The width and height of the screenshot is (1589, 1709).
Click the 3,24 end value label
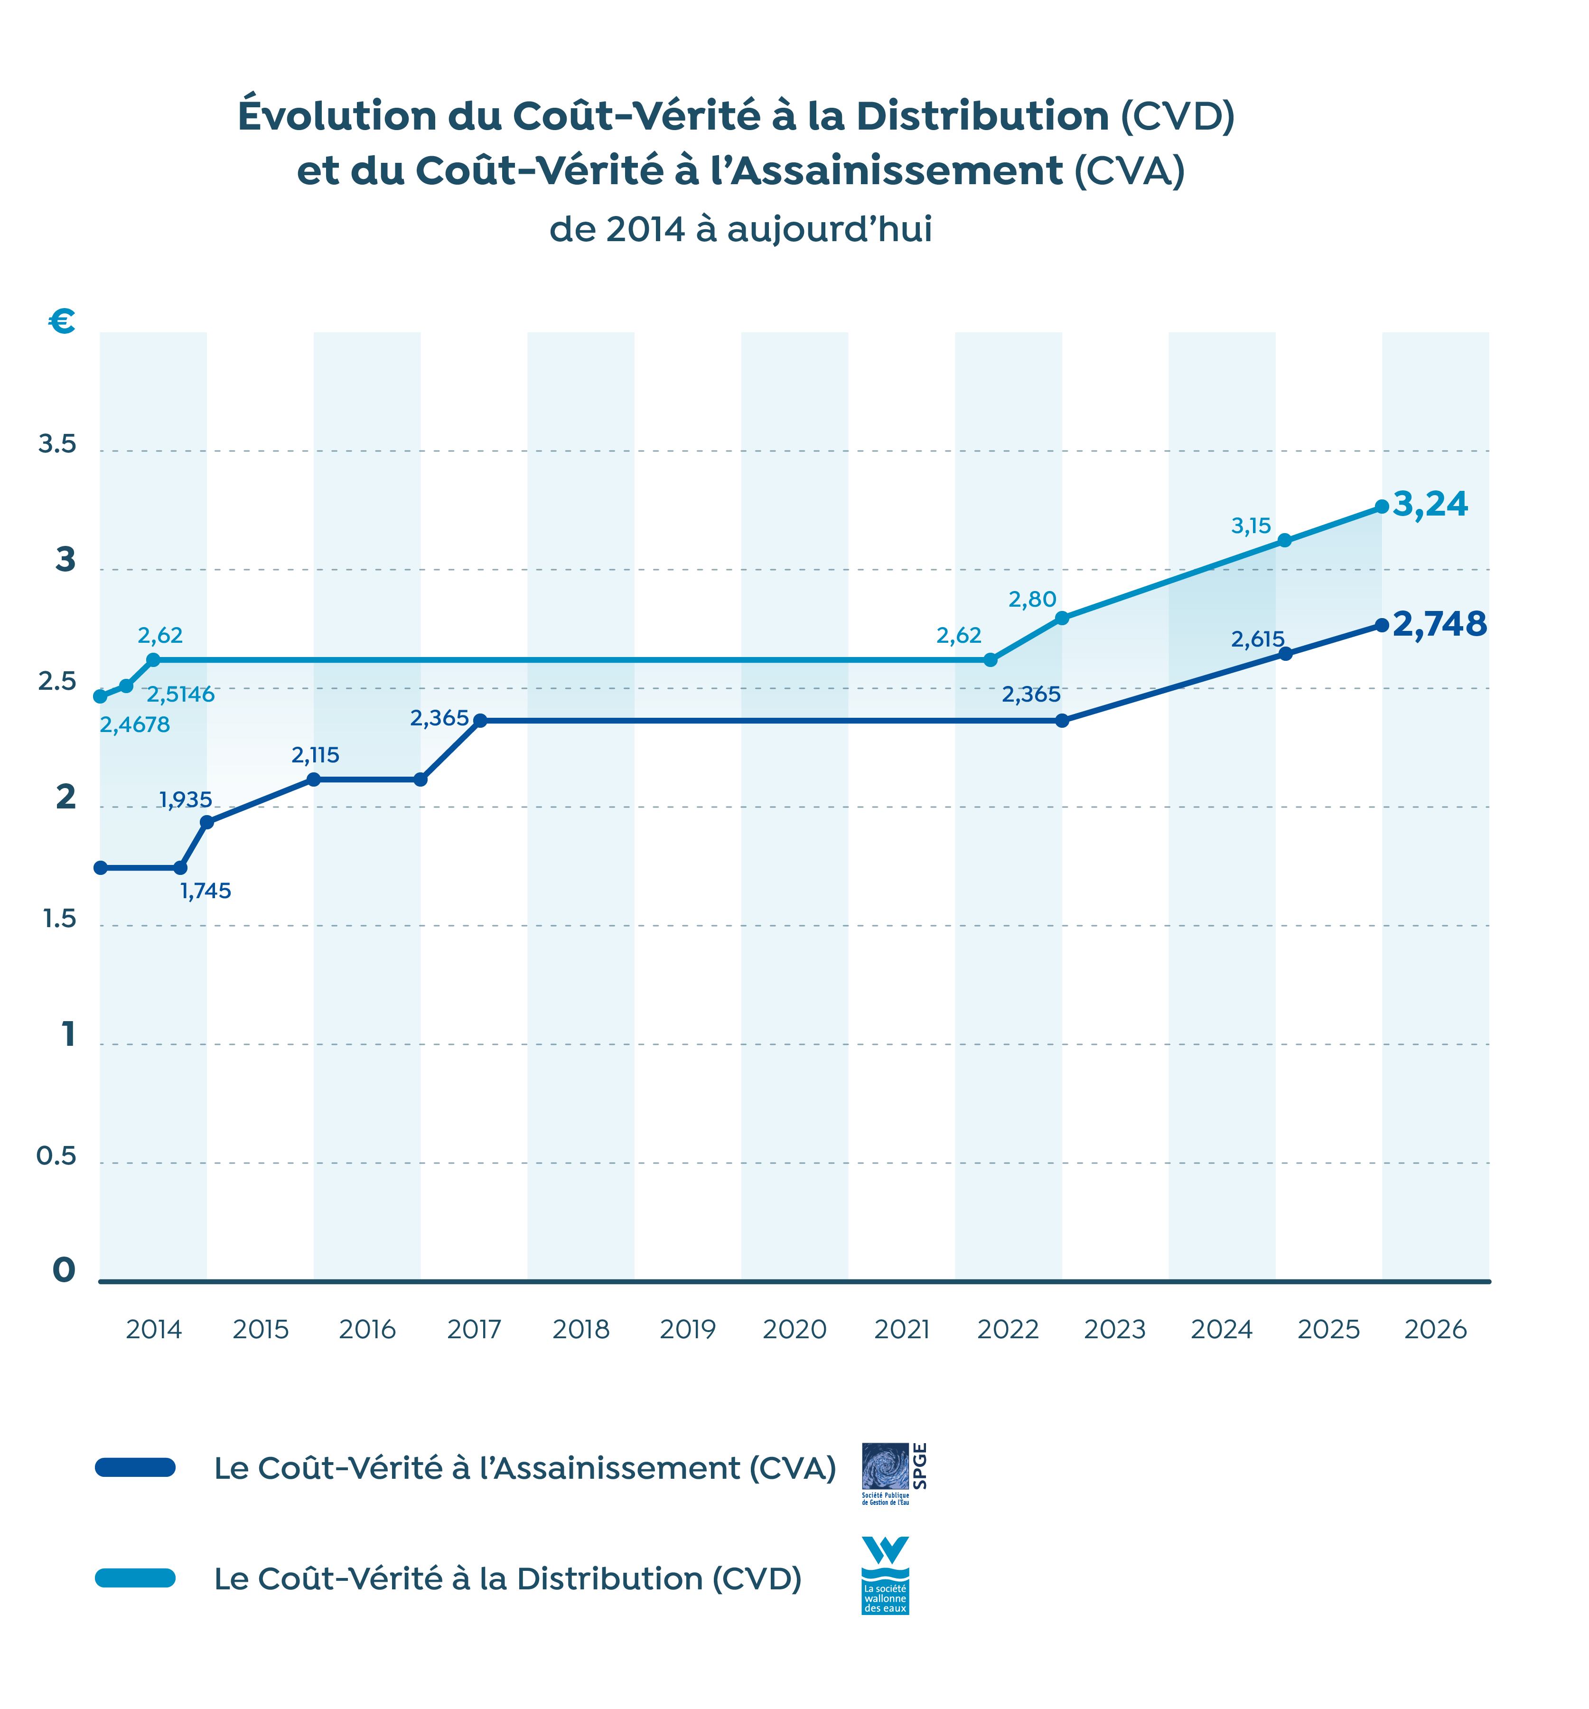pyautogui.click(x=1429, y=505)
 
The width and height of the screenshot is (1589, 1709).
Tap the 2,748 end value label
pyautogui.click(x=1439, y=624)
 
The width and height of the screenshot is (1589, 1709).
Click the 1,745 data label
pyautogui.click(x=206, y=891)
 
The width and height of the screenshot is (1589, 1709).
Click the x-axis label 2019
pyautogui.click(x=687, y=1330)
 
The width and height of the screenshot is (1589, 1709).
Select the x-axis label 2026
pyautogui.click(x=1434, y=1330)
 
